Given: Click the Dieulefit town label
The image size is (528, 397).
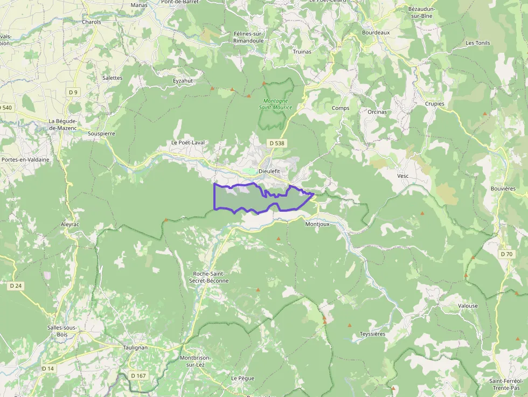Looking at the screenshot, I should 270,171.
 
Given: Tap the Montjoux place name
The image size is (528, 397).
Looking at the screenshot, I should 317,224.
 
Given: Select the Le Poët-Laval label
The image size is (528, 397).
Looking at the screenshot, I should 189,143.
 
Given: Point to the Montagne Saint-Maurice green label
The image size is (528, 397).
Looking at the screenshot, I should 275,104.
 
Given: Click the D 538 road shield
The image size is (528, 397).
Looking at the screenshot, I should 276,143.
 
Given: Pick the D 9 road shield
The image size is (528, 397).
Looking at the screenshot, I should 73,92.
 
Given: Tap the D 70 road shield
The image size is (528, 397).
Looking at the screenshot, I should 506,254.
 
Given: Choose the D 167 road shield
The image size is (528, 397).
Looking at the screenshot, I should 138,375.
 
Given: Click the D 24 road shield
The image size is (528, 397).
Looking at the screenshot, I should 16,285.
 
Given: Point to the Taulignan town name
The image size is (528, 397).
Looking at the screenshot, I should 135,347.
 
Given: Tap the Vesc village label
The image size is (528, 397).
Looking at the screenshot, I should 403,176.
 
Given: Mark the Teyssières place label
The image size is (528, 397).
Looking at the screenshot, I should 372,334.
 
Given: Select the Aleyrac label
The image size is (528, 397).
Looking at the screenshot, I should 70,224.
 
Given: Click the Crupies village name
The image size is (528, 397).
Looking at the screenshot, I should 435,104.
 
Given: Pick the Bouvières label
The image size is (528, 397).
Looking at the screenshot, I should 503,189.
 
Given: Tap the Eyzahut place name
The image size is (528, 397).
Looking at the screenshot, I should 183,81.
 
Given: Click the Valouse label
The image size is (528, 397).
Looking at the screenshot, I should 468,306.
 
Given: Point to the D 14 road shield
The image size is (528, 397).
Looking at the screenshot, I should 48,368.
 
